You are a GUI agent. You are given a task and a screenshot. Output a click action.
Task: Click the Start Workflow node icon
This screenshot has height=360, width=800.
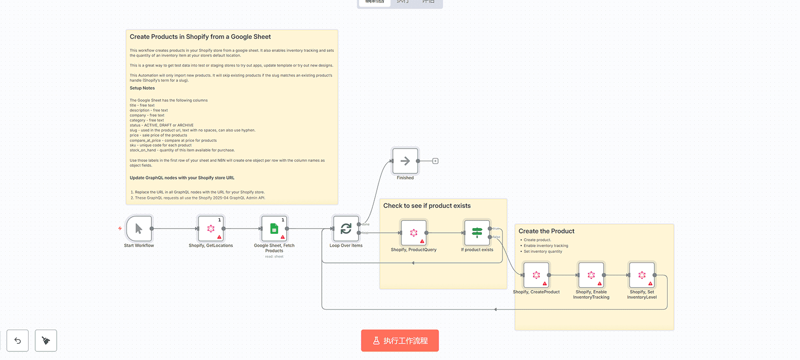[139, 229]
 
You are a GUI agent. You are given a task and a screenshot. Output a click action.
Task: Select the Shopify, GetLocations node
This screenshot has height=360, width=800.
[210, 229]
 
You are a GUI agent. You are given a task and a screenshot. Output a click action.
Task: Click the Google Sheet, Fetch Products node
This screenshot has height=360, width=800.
[274, 229]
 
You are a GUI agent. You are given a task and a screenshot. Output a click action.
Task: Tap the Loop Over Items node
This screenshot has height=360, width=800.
[346, 229]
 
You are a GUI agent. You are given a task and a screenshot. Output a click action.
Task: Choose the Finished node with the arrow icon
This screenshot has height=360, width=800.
[405, 161]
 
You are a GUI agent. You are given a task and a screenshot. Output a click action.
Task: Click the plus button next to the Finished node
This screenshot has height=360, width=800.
[435, 161]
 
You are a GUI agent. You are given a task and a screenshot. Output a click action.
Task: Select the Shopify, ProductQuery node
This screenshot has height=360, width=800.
[413, 233]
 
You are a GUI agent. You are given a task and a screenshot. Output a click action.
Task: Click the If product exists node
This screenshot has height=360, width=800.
[477, 232]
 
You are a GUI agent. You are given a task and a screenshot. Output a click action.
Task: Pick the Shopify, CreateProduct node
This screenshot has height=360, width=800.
[536, 275]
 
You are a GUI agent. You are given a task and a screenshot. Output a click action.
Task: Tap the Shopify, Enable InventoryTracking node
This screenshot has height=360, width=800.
[591, 275]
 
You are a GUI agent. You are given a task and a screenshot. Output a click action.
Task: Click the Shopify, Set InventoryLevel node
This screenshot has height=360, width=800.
[641, 275]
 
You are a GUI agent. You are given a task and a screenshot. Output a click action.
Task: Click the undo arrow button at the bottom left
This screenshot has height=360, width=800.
[18, 340]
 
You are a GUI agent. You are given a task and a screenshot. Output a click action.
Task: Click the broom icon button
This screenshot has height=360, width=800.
[46, 340]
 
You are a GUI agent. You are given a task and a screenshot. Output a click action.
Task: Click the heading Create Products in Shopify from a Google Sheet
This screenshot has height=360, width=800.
[200, 37]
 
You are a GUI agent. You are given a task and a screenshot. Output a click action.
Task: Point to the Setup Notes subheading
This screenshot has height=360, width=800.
[142, 88]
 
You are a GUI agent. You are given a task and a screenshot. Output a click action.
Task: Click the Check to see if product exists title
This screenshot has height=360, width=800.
[427, 206]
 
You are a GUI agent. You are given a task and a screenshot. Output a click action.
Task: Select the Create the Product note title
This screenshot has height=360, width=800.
[546, 231]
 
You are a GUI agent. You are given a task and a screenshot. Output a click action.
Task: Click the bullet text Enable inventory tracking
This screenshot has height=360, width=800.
[546, 246]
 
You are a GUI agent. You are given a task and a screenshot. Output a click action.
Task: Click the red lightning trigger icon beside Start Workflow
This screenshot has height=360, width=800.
[120, 229]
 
